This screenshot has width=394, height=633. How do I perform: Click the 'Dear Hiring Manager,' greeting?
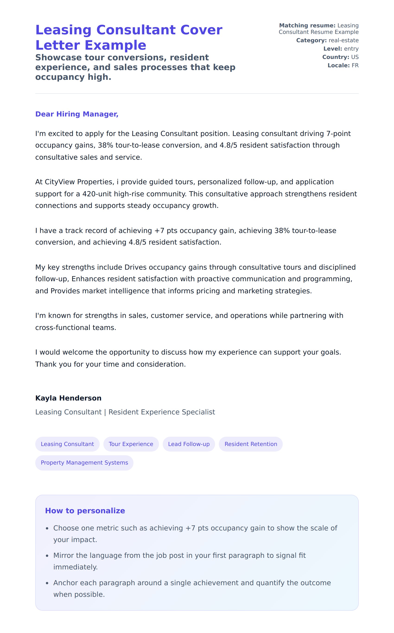click(x=77, y=114)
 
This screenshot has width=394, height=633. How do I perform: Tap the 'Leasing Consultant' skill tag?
click(x=67, y=444)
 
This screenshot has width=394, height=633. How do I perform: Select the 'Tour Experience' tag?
click(x=131, y=444)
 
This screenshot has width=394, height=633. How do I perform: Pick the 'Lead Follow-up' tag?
click(x=189, y=444)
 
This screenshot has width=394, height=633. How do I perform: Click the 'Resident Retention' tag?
click(x=251, y=444)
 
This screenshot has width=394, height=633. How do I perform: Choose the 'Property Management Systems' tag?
click(x=84, y=462)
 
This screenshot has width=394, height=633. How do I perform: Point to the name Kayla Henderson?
click(x=68, y=398)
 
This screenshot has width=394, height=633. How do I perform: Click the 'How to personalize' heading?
click(x=85, y=510)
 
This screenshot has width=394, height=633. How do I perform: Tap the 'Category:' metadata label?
click(x=311, y=40)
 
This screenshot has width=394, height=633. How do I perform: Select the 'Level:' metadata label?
click(x=333, y=49)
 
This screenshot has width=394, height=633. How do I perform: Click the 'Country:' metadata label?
click(x=335, y=57)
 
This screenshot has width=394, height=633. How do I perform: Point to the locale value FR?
click(x=355, y=65)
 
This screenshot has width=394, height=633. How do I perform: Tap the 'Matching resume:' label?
click(x=307, y=26)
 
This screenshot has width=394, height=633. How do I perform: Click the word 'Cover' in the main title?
click(x=201, y=30)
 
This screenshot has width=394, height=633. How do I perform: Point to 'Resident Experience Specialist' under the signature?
click(x=162, y=412)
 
